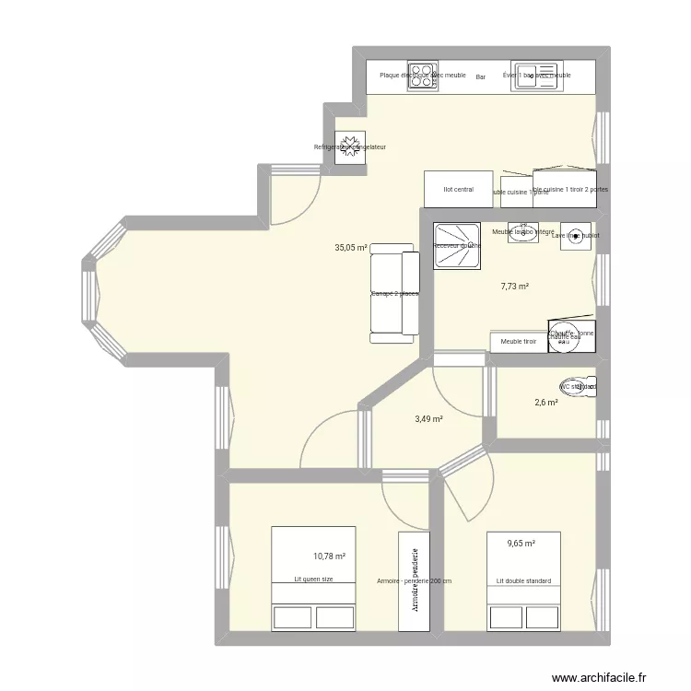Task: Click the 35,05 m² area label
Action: pyautogui.click(x=351, y=248)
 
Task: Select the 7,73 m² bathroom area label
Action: pyautogui.click(x=514, y=287)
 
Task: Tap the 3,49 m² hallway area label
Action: pyautogui.click(x=428, y=419)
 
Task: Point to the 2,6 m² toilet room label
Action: pyautogui.click(x=545, y=402)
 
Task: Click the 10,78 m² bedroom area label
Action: pyautogui.click(x=329, y=556)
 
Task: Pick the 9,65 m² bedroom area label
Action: pyautogui.click(x=521, y=544)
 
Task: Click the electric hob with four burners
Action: pyautogui.click(x=424, y=76)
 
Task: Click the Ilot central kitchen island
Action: pyautogui.click(x=458, y=190)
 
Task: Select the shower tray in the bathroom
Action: pyautogui.click(x=457, y=247)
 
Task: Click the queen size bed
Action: pyautogui.click(x=313, y=579)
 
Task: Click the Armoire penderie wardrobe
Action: pyautogui.click(x=415, y=582)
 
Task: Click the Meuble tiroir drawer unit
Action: pyautogui.click(x=518, y=342)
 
